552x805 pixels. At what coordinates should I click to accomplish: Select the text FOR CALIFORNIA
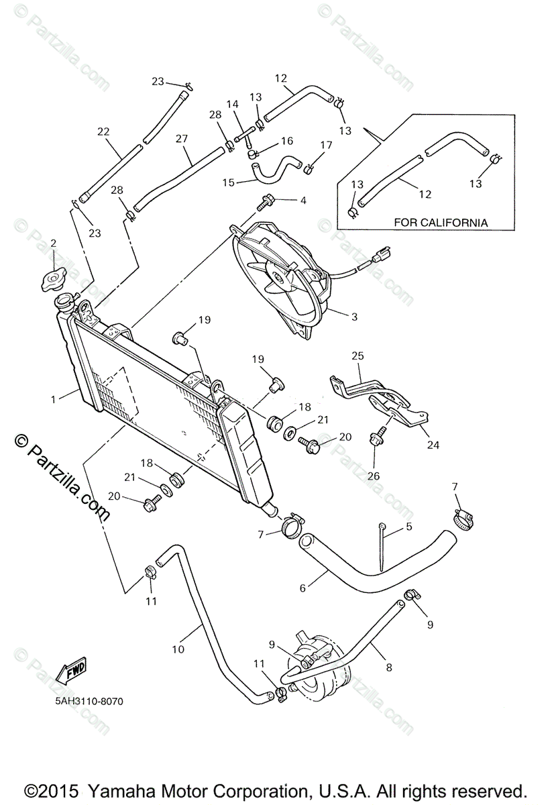coord(441,222)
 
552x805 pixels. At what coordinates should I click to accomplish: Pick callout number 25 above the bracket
coord(357,356)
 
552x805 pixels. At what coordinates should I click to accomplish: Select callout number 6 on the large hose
coord(302,588)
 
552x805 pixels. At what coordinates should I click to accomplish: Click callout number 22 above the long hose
coord(103,131)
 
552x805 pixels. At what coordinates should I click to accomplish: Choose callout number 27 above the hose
coord(181,139)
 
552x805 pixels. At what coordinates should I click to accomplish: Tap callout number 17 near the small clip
coord(326,145)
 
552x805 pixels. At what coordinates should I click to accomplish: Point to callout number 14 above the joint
coord(232,104)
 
